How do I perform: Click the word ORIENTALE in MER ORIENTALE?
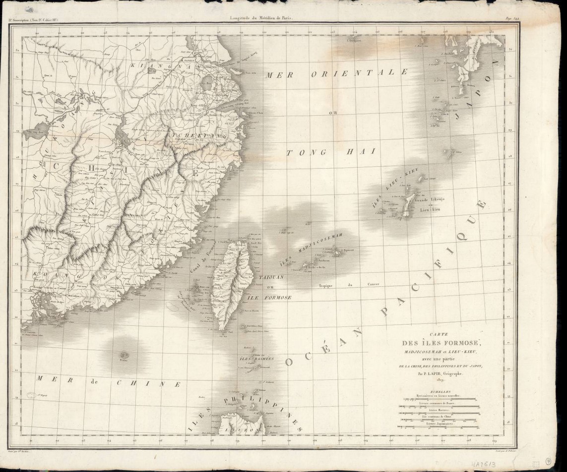point(359,73)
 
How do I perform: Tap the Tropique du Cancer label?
point(349,284)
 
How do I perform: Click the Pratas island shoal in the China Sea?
point(124,355)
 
